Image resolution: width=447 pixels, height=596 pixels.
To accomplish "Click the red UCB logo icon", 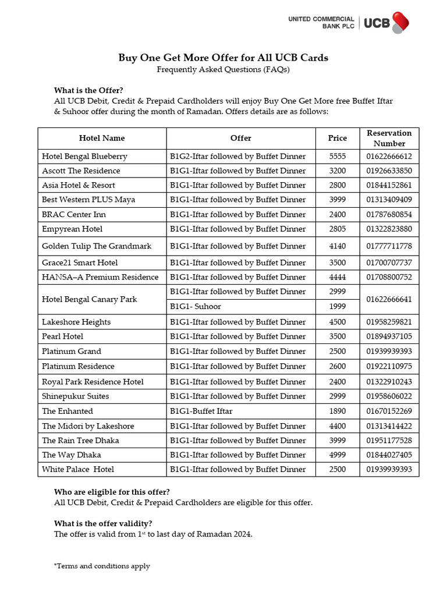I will click(x=400, y=22).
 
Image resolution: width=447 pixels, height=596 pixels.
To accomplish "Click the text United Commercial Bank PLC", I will click(x=321, y=23).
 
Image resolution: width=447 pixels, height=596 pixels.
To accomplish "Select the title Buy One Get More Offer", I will click(x=223, y=58).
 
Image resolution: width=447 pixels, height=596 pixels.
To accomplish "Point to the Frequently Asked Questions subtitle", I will click(x=223, y=69).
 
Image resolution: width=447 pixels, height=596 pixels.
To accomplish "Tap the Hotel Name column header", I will click(x=102, y=138).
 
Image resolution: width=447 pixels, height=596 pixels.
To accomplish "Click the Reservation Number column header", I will click(x=389, y=138).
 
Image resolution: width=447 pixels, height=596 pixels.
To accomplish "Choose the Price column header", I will click(x=337, y=138).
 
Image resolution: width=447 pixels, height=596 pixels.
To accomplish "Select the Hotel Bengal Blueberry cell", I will click(x=84, y=156).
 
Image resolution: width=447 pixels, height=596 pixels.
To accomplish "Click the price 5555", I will click(x=337, y=156).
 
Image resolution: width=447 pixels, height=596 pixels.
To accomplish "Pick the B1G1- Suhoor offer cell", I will click(x=196, y=306).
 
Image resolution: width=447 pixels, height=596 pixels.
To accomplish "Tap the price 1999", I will click(x=337, y=306).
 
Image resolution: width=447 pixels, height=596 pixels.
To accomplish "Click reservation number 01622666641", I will click(x=389, y=299).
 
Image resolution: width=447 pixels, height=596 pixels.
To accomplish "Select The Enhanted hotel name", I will click(x=67, y=411).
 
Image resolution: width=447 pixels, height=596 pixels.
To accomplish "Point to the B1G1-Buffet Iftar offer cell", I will click(x=201, y=411).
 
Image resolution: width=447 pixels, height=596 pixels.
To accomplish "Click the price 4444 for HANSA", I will click(x=337, y=277).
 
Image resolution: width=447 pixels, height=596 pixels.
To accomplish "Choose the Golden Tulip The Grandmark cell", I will click(x=97, y=246).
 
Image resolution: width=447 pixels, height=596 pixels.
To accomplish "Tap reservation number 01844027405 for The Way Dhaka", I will click(x=389, y=455).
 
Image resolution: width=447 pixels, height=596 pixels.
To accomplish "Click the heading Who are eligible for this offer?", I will click(x=112, y=492).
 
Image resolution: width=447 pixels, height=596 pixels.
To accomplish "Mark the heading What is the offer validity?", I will click(x=103, y=523).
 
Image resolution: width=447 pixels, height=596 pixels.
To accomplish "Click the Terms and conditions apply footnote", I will click(x=102, y=566).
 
